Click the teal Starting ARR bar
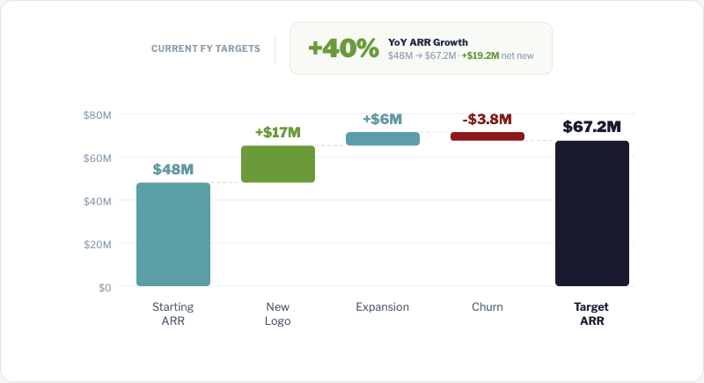click(173, 234)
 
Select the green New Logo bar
click(278, 164)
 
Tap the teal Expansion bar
click(383, 139)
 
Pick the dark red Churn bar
click(488, 136)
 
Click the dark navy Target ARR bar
click(592, 213)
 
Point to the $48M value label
click(173, 169)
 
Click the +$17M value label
click(278, 132)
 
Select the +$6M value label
click(383, 119)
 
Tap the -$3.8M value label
click(488, 119)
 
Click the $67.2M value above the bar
click(592, 127)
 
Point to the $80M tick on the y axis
click(98, 114)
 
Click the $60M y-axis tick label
click(98, 158)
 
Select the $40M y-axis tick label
click(98, 201)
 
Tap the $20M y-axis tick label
click(98, 244)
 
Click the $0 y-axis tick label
click(105, 287)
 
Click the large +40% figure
click(343, 48)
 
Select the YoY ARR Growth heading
click(428, 41)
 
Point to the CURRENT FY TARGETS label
click(206, 48)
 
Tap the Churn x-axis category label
click(488, 307)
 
